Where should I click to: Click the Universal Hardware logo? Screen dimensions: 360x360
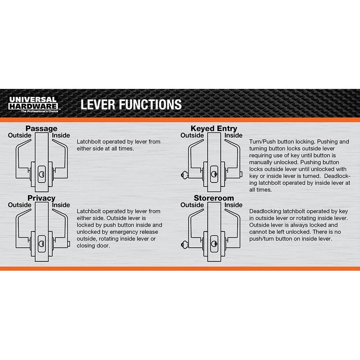point(33,104)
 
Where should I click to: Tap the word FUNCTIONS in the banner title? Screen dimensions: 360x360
point(150,105)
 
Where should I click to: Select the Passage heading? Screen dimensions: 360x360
point(41,129)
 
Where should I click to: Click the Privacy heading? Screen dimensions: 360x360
point(41,198)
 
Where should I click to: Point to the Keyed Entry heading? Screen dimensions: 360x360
point(214,129)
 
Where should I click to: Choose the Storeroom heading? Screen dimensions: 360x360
point(214,198)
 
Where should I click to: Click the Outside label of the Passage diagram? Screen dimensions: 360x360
point(19,135)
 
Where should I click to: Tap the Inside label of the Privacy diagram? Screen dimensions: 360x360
point(61,205)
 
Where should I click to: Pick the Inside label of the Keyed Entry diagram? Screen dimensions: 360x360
point(233,135)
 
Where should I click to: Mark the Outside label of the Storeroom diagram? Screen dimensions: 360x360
point(192,205)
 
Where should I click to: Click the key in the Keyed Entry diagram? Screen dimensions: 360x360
point(184,175)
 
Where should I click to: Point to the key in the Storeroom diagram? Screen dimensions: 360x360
point(184,245)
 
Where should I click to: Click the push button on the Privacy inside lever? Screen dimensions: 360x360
point(68,244)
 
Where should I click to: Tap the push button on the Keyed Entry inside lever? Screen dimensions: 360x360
point(241,174)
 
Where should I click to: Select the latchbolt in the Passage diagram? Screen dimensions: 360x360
point(42,174)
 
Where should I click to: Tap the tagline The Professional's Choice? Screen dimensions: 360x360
point(40,111)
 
